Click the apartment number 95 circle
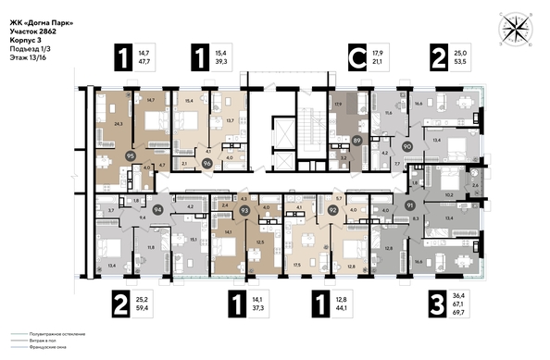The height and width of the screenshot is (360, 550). pos(130,157)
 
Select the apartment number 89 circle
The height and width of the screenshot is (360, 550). pos(356,141)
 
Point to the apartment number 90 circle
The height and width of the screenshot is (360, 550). pos(406,145)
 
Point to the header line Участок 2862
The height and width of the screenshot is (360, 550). pos(34,31)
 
